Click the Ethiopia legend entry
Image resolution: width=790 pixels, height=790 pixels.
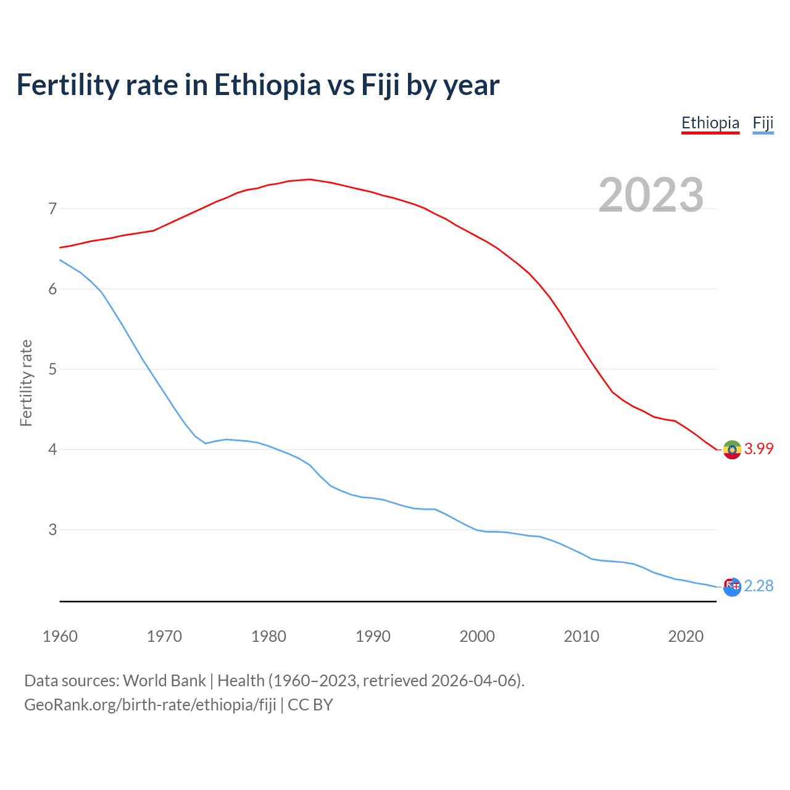pyautogui.click(x=710, y=123)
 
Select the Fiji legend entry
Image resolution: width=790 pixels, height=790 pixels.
pyautogui.click(x=763, y=123)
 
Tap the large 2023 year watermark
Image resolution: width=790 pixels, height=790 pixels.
pyautogui.click(x=651, y=195)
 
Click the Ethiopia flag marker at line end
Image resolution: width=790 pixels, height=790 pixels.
pyautogui.click(x=732, y=450)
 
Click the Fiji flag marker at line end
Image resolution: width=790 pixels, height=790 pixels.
pyautogui.click(x=732, y=587)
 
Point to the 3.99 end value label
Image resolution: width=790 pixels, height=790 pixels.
pyautogui.click(x=759, y=449)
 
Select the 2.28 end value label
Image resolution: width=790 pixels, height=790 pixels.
pyautogui.click(x=759, y=586)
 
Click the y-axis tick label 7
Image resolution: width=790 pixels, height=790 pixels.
pyautogui.click(x=52, y=209)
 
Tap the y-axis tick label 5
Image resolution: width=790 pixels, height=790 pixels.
pyautogui.click(x=52, y=370)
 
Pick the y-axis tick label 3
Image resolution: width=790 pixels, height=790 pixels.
pyautogui.click(x=52, y=530)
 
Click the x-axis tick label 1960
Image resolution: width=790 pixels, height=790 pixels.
pyautogui.click(x=60, y=636)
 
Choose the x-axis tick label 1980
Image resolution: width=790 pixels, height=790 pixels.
pyautogui.click(x=268, y=636)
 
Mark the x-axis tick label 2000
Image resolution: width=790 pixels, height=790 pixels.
pyautogui.click(x=477, y=636)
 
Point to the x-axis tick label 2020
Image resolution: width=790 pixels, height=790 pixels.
pyautogui.click(x=686, y=636)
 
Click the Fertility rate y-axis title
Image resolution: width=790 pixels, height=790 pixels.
pyautogui.click(x=26, y=383)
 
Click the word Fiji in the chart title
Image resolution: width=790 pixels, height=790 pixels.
pyautogui.click(x=380, y=85)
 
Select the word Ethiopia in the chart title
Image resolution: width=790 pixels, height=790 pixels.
pyautogui.click(x=267, y=85)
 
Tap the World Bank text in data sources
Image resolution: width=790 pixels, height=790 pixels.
pyautogui.click(x=164, y=681)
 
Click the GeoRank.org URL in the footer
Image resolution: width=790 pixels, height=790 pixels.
pyautogui.click(x=150, y=705)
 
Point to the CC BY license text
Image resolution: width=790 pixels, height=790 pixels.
pyautogui.click(x=310, y=705)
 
